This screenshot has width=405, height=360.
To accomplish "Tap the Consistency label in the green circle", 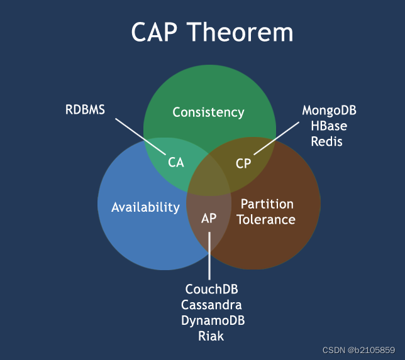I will point(208,112).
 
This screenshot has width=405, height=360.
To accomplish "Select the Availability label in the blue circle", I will point(145,207).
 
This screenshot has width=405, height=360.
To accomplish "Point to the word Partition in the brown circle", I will point(267,204).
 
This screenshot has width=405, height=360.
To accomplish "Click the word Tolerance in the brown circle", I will point(266,219).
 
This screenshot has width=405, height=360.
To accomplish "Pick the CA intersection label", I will point(176,162).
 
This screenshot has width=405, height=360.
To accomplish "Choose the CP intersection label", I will point(243,163).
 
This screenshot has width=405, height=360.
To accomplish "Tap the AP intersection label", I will point(209,219).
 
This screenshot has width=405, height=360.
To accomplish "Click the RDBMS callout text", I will point(85,110).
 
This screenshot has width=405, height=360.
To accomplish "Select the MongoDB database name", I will point(329,111).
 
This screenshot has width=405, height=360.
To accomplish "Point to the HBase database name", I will point(329,126).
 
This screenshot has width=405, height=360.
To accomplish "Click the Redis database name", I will point(328,141).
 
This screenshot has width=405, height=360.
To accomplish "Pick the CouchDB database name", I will point(212,290).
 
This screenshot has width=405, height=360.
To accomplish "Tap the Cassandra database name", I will point(211,305).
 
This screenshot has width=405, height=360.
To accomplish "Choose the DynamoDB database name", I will point(213,320).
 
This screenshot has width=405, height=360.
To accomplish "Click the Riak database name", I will point(211,335).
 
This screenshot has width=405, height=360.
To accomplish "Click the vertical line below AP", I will point(209,258).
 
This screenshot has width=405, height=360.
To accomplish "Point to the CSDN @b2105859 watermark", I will point(358,349).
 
